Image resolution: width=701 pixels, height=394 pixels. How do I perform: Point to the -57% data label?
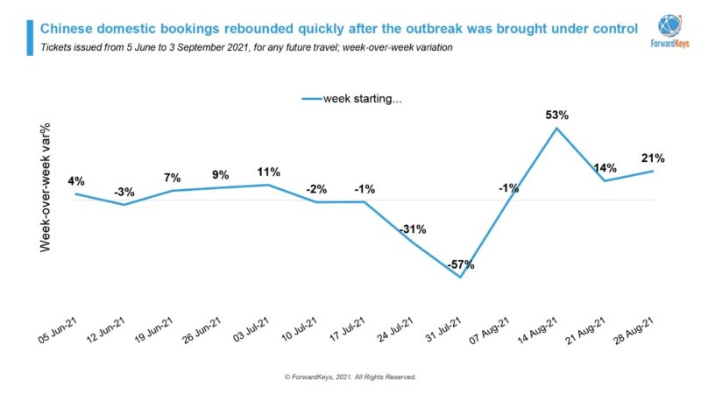click(x=459, y=264)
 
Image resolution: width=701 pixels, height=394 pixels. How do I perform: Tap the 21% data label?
click(x=653, y=158)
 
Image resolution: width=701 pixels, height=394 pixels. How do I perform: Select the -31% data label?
click(x=412, y=229)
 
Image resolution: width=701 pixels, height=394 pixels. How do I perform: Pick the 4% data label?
click(x=76, y=181)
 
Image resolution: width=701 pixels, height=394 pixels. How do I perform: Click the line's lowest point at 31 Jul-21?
click(x=460, y=278)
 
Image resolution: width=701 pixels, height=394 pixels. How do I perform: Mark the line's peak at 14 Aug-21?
click(x=556, y=128)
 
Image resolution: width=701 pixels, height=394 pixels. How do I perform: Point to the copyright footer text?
click(x=350, y=376)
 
